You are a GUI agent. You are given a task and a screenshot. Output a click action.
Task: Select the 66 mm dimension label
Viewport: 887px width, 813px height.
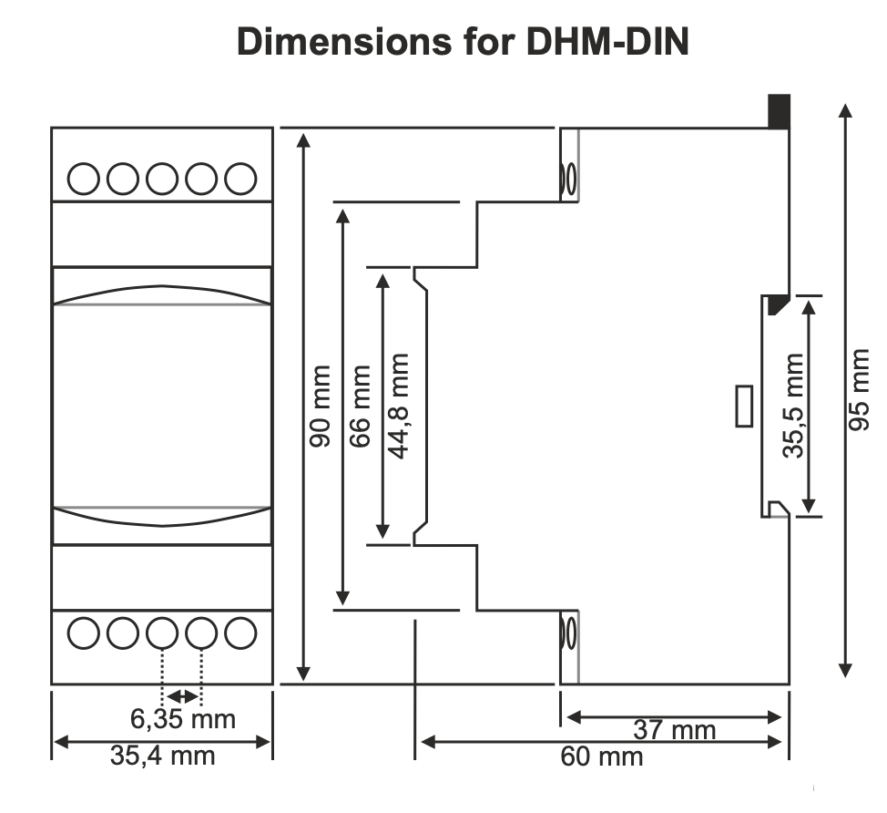(x=362, y=406)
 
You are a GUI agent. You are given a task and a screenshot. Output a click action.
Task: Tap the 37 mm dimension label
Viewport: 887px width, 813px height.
(x=675, y=730)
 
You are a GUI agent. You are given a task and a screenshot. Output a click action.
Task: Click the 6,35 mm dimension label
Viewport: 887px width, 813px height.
(x=183, y=719)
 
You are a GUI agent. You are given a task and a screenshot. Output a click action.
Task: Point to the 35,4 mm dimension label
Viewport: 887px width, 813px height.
(x=163, y=755)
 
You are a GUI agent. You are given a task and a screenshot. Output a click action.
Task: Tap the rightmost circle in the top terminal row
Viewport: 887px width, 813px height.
(x=240, y=179)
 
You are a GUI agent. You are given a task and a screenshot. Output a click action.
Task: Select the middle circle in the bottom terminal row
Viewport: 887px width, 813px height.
(x=162, y=632)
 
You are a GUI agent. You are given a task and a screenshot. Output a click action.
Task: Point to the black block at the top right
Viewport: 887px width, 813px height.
(x=779, y=111)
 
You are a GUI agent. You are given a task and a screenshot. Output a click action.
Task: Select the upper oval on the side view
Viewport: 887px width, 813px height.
(x=570, y=179)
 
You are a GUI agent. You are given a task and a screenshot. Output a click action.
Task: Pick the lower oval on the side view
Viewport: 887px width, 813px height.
(x=570, y=632)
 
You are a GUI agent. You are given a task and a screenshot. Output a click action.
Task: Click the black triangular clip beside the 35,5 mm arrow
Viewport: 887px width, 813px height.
(x=776, y=304)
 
